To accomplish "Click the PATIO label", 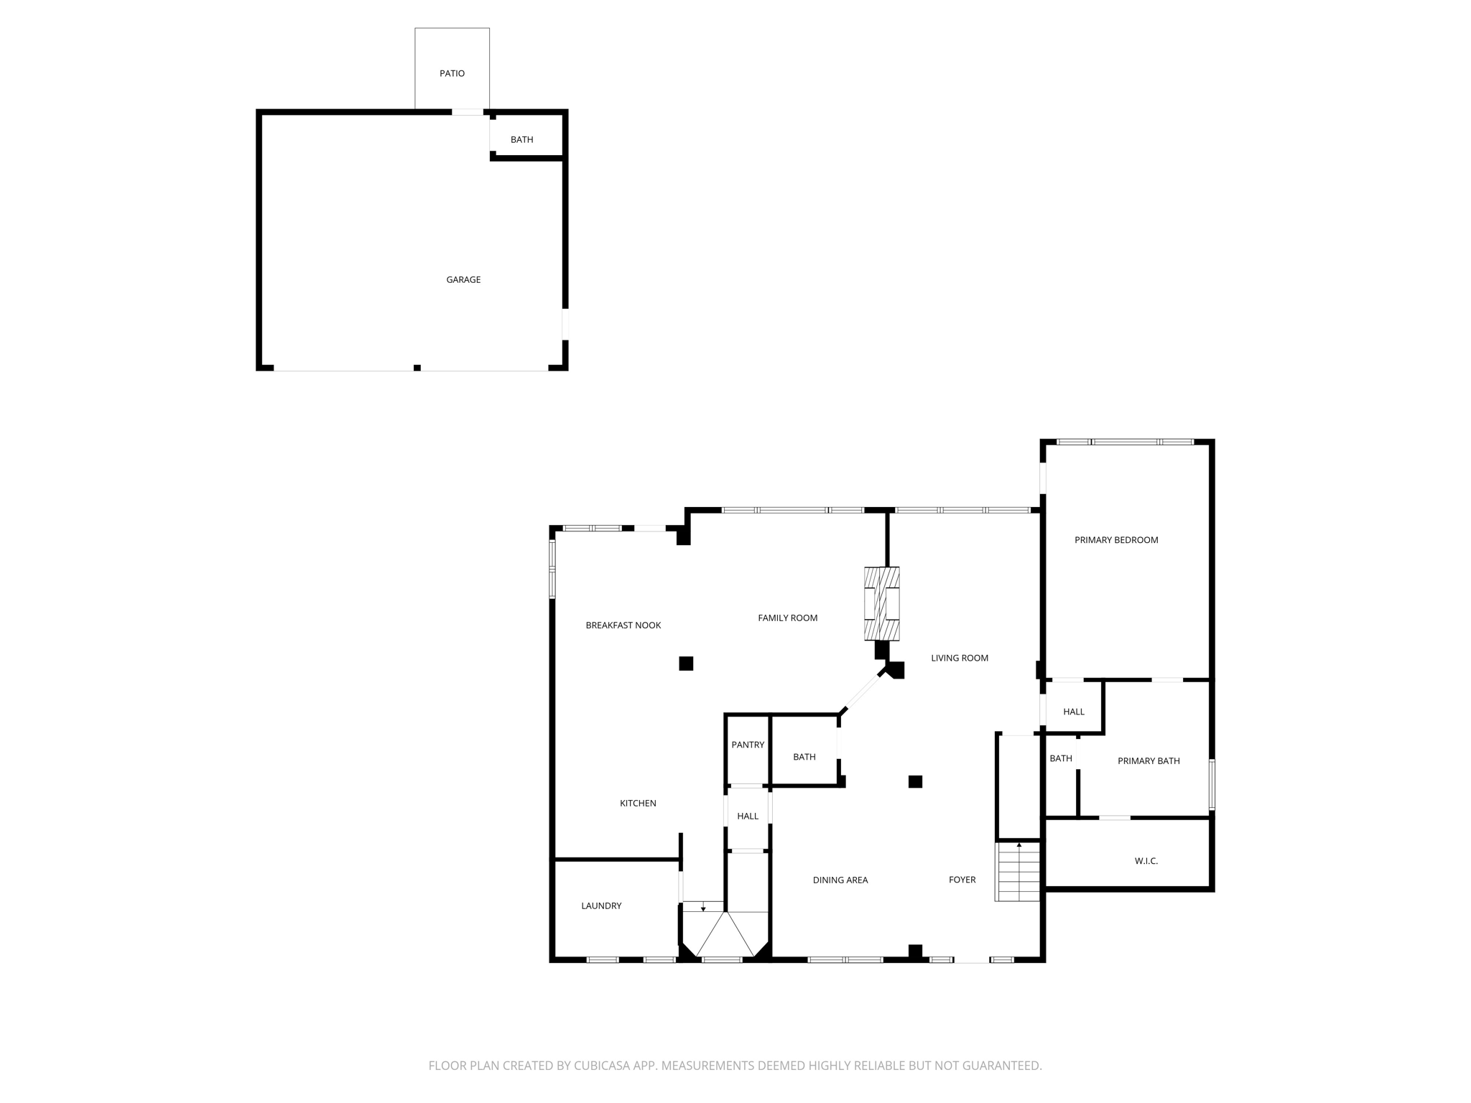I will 452,73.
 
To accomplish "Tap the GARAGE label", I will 463,279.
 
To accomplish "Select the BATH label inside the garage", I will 521,139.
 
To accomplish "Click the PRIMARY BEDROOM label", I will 1116,540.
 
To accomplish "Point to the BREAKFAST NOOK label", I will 623,625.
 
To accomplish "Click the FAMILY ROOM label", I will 787,618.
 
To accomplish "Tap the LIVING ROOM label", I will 960,658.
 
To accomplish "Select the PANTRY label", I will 748,745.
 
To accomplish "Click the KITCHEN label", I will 638,803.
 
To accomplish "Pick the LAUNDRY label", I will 601,906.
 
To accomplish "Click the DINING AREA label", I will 840,880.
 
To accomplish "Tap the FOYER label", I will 962,880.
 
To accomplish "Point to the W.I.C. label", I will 1146,861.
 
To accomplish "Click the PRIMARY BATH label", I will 1149,760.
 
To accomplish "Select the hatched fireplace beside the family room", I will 881,604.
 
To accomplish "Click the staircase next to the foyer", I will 1018,872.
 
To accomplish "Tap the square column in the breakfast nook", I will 686,664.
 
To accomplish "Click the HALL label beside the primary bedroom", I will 1074,712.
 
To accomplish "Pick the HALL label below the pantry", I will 748,816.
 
